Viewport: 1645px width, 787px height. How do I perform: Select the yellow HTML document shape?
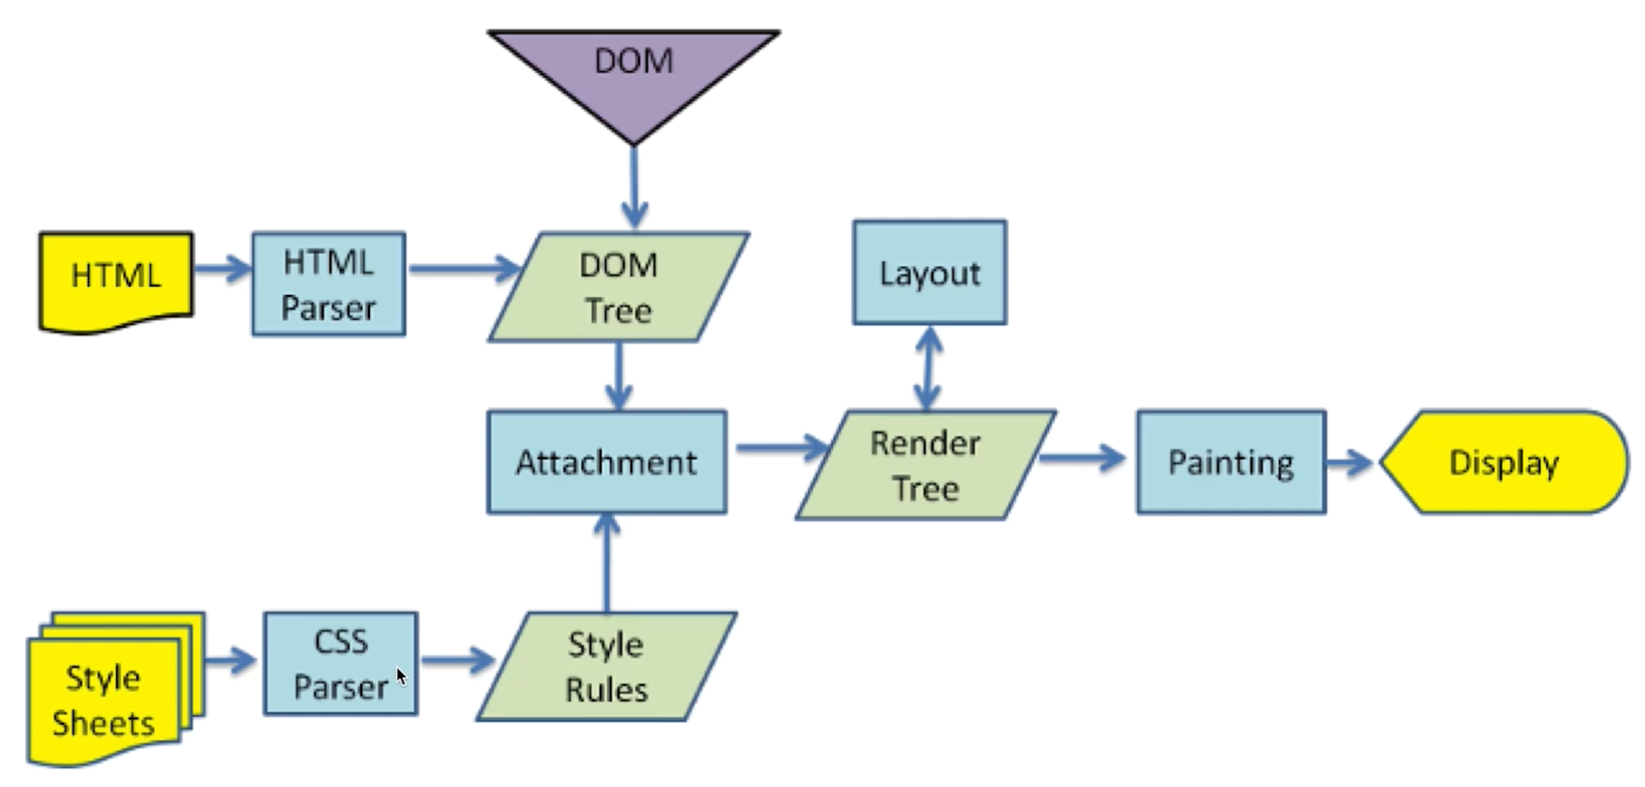pyautogui.click(x=115, y=279)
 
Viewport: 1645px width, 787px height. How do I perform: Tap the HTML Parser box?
pyautogui.click(x=329, y=284)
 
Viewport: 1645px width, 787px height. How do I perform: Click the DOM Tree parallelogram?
pyautogui.click(x=619, y=287)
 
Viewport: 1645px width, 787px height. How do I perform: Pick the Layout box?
pyautogui.click(x=929, y=273)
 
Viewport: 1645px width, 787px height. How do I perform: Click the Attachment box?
pyautogui.click(x=606, y=462)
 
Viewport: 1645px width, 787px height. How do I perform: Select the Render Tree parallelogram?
pyautogui.click(x=925, y=466)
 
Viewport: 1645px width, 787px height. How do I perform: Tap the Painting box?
pyautogui.click(x=1231, y=462)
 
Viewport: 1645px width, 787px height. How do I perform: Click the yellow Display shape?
pyautogui.click(x=1504, y=462)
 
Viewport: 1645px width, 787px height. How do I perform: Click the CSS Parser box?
pyautogui.click(x=340, y=664)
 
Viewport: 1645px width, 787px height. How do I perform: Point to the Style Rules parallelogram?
pyautogui.click(x=606, y=667)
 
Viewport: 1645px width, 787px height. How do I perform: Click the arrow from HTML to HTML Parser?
pyautogui.click(x=223, y=268)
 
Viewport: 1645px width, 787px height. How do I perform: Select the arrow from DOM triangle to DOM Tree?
pyautogui.click(x=633, y=187)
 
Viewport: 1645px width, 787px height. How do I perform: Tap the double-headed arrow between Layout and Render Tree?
pyautogui.click(x=927, y=369)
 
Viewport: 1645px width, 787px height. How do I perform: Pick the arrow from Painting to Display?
pyautogui.click(x=1351, y=462)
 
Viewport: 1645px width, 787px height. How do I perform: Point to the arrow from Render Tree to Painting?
pyautogui.click(x=1084, y=457)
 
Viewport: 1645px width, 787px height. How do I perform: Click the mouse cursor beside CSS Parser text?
pyautogui.click(x=402, y=676)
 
